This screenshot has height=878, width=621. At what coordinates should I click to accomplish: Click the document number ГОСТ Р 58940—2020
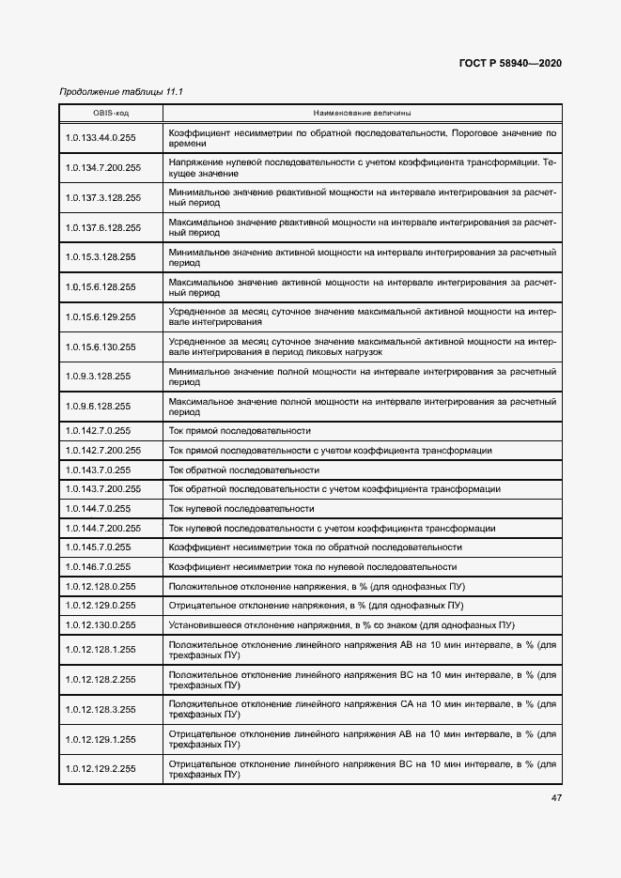[x=510, y=64]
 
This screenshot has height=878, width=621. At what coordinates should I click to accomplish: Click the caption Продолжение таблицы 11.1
[x=120, y=91]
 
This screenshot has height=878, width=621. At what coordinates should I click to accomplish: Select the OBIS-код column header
[x=111, y=113]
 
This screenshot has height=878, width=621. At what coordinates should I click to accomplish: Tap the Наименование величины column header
[x=361, y=113]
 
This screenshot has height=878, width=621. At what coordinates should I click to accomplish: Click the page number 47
[x=556, y=798]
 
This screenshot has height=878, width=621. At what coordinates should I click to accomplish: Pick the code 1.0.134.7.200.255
[x=103, y=168]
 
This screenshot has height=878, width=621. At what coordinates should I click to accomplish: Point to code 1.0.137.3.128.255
[x=103, y=198]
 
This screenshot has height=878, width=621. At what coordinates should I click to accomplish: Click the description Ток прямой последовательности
[x=240, y=431]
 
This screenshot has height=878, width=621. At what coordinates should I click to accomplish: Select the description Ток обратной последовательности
[x=243, y=470]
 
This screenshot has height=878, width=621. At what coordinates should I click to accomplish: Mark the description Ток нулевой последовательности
[x=241, y=508]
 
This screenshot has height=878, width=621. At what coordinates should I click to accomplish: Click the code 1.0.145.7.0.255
[x=98, y=547]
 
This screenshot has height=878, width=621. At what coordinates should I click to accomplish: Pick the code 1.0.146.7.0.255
[x=98, y=567]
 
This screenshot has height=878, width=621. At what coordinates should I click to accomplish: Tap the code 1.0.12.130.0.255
[x=101, y=624]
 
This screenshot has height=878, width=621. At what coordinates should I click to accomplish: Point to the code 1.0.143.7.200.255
[x=103, y=489]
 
